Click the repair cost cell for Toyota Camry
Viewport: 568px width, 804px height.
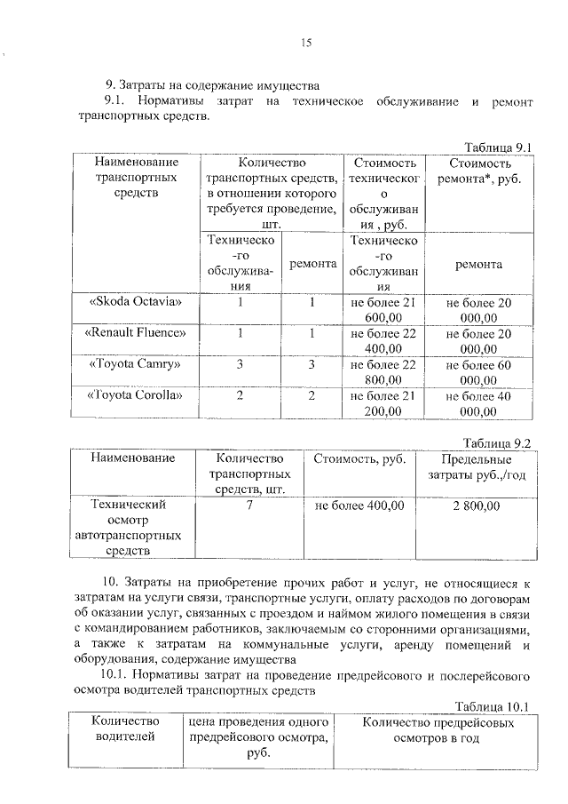coord(479,371)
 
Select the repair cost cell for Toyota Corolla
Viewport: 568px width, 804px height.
coord(479,402)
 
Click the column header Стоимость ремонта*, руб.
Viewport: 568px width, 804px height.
coord(479,171)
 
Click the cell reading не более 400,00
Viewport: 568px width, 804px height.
coord(359,505)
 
